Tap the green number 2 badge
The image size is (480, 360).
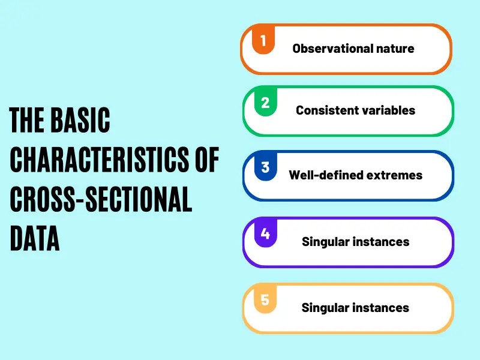265,103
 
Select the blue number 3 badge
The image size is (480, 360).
265,168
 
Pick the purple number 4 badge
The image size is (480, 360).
265,234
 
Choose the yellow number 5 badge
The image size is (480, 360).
265,300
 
